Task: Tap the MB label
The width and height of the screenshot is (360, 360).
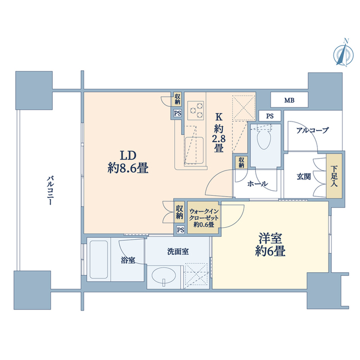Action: click(289, 101)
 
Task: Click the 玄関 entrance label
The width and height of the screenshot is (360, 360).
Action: click(304, 176)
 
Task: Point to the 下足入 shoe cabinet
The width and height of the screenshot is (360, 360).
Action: click(334, 176)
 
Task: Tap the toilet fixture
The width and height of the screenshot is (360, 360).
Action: click(263, 138)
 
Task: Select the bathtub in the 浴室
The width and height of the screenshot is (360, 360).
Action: click(99, 260)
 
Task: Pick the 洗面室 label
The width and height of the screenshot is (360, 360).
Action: click(178, 251)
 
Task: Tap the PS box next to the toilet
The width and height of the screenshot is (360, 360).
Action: click(269, 116)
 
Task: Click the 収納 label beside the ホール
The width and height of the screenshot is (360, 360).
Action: click(241, 162)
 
